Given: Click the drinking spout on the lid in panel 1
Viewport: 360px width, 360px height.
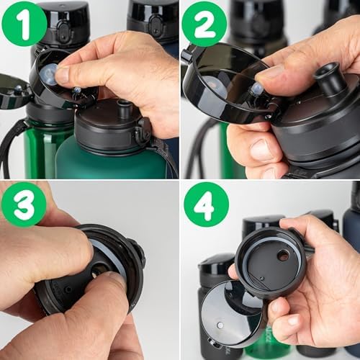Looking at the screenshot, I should (x=124, y=110).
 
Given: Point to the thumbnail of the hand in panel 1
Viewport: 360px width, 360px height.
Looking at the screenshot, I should (x=63, y=75).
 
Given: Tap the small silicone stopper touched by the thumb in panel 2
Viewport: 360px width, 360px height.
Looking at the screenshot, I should (x=257, y=89).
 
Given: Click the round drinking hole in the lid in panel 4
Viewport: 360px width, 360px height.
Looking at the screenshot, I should (x=283, y=255).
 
